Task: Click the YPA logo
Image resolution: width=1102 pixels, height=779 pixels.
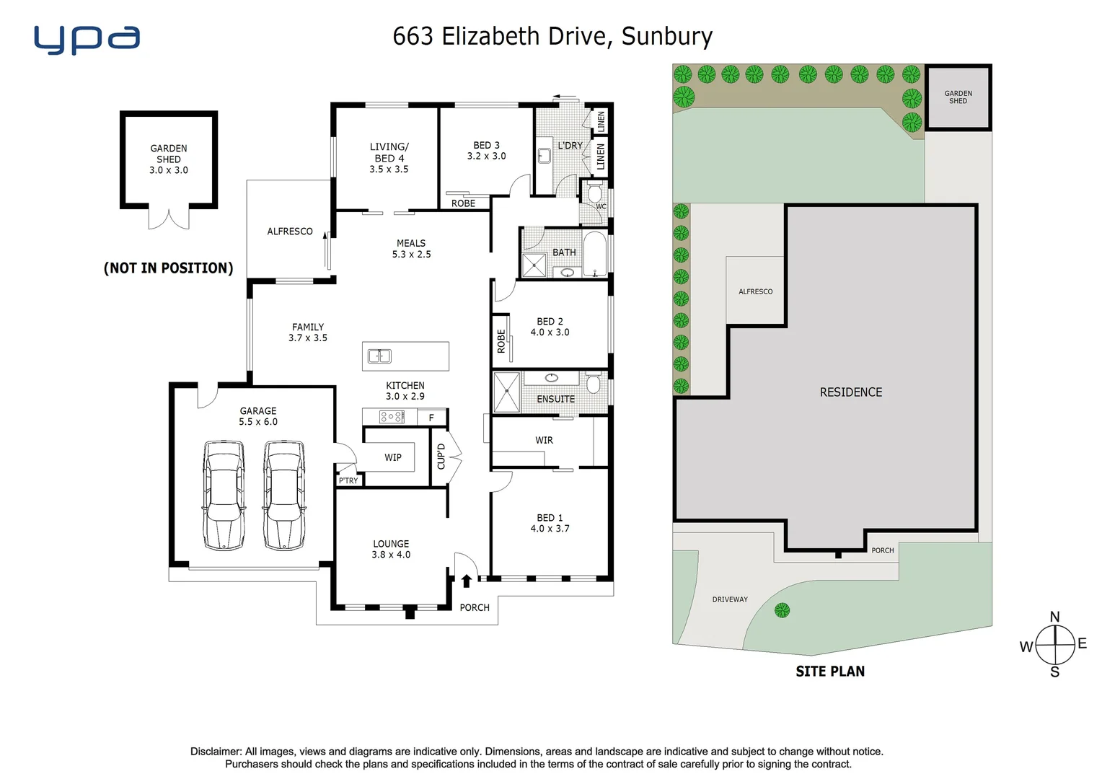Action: (x=87, y=40)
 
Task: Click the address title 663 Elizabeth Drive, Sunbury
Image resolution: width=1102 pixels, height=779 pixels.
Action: (x=552, y=36)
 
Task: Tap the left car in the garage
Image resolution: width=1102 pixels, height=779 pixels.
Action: (x=224, y=495)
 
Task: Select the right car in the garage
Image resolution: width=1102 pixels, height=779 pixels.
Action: (x=283, y=495)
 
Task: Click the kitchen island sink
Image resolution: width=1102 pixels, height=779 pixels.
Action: (x=379, y=356)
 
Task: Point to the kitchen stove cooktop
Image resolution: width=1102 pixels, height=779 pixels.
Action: (x=392, y=417)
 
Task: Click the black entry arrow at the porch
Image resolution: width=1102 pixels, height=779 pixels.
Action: (x=467, y=580)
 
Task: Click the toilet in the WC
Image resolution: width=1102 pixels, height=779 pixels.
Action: (x=594, y=194)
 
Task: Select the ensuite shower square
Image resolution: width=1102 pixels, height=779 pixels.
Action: (x=506, y=392)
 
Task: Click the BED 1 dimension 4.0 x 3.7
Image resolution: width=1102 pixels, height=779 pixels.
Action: (x=550, y=529)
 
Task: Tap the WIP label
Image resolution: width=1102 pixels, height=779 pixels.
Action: (x=393, y=457)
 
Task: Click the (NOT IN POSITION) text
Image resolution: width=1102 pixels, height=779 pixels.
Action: (x=169, y=268)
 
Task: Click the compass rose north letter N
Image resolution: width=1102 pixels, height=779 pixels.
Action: (x=1054, y=617)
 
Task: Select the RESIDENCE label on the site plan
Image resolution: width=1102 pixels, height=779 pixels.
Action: (x=851, y=392)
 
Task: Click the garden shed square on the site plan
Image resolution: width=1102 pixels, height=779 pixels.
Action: (x=958, y=97)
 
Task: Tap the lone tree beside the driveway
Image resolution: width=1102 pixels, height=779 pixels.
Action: (x=782, y=611)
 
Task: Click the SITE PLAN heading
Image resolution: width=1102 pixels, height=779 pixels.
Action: (x=830, y=672)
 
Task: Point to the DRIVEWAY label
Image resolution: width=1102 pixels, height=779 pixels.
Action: (x=730, y=599)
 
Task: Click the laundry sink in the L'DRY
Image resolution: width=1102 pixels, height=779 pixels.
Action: (x=545, y=155)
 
